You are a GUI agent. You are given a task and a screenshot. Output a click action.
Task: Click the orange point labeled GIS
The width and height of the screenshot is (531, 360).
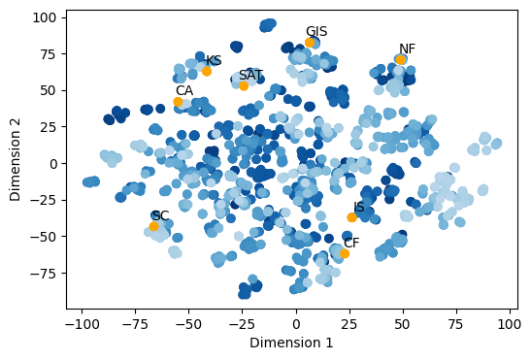tap(310, 43)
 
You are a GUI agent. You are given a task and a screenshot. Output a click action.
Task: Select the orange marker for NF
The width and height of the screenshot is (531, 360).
tap(400, 60)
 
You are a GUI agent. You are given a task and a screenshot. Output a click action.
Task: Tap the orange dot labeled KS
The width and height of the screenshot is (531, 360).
tap(207, 71)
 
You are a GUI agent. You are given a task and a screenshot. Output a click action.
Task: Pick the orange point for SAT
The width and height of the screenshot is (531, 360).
tap(244, 85)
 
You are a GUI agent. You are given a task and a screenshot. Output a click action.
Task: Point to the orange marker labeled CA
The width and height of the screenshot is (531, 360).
tap(179, 102)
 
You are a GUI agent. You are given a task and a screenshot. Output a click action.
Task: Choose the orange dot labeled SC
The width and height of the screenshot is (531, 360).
tap(154, 226)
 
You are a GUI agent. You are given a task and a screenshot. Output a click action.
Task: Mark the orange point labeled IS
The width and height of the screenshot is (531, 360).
tap(351, 217)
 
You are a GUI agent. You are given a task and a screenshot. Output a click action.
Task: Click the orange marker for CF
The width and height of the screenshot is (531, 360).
tap(345, 253)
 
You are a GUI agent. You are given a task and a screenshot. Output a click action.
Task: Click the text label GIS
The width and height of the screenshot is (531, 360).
tap(316, 32)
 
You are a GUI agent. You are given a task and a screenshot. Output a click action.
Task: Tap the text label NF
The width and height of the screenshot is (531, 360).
tap(407, 49)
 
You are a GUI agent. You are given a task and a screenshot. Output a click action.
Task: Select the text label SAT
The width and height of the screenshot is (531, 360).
tap(250, 75)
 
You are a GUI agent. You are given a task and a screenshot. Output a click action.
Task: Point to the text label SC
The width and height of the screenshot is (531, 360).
tap(160, 215)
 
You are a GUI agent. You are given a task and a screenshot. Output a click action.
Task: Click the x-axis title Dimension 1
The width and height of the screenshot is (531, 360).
tap(291, 343)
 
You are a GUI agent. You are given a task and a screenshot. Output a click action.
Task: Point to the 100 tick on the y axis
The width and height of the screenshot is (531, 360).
tap(42, 17)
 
